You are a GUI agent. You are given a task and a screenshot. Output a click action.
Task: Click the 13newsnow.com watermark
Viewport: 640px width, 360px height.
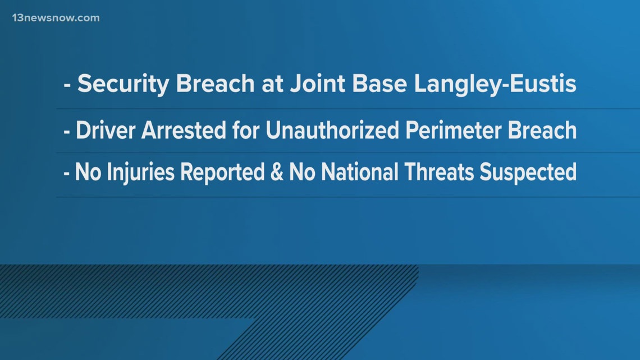(56, 18)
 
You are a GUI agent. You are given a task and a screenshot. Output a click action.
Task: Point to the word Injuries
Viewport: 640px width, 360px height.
(140, 172)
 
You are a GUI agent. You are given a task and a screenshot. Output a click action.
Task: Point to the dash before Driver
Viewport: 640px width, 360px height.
(66, 132)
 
